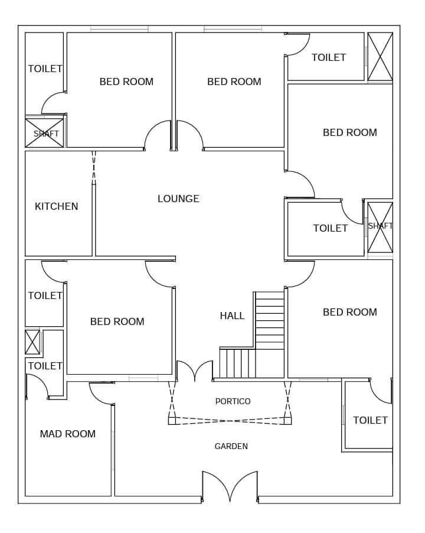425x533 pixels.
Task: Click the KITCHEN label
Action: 56,206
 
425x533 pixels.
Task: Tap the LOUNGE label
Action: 178,199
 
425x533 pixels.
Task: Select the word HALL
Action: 232,316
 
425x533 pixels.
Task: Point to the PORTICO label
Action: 233,401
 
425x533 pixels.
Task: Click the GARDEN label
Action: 231,446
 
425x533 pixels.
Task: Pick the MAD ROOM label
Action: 67,434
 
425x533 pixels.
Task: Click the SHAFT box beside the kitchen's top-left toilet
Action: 44,133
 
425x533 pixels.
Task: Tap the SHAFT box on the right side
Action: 380,227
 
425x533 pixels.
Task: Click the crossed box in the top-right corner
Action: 380,57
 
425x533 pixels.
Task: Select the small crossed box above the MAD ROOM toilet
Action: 32,342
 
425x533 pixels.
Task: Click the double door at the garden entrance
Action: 230,486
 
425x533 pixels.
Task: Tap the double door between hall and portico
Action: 195,370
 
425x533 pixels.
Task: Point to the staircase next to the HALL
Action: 252,335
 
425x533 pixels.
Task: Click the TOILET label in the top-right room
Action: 329,57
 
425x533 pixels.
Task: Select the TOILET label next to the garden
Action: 370,421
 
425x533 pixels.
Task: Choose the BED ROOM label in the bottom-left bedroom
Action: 117,321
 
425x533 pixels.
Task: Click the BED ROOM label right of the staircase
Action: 349,312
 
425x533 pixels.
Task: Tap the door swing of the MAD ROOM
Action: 101,393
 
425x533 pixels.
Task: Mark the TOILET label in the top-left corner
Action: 45,69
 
